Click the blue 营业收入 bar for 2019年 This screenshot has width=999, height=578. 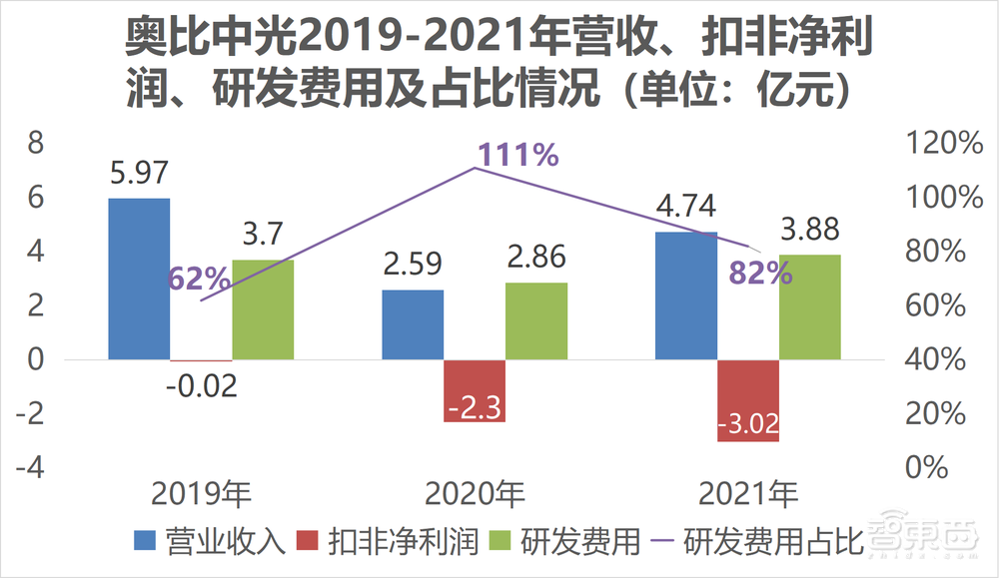pyautogui.click(x=139, y=279)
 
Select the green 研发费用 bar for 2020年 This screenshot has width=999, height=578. pyautogui.click(x=536, y=320)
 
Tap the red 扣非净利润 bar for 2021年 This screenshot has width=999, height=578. pyautogui.click(x=747, y=400)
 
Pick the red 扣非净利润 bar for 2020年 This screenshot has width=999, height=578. pyautogui.click(x=475, y=390)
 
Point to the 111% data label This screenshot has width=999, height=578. pyautogui.click(x=517, y=156)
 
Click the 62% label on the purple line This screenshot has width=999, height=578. pyautogui.click(x=200, y=280)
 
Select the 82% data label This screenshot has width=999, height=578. pyautogui.click(x=761, y=273)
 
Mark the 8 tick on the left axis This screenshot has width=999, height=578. pyautogui.click(x=36, y=145)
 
